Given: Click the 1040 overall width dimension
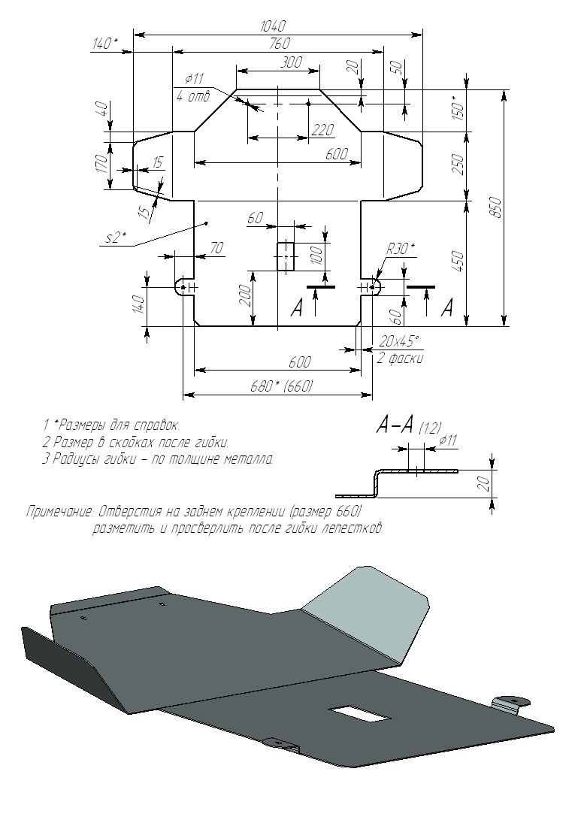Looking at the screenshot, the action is (x=274, y=26).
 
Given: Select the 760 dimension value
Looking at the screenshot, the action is (x=279, y=43).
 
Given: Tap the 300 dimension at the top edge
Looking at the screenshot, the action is (x=290, y=62).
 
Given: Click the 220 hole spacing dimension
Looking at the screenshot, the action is (x=322, y=129).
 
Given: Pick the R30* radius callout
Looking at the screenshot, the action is (x=401, y=249).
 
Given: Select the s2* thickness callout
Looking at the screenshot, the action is (x=116, y=238).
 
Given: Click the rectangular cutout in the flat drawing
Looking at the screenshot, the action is (x=286, y=256).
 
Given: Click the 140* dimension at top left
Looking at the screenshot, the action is (x=105, y=43).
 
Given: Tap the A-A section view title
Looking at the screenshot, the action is (x=395, y=425).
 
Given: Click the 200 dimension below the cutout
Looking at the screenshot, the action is (x=244, y=298).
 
